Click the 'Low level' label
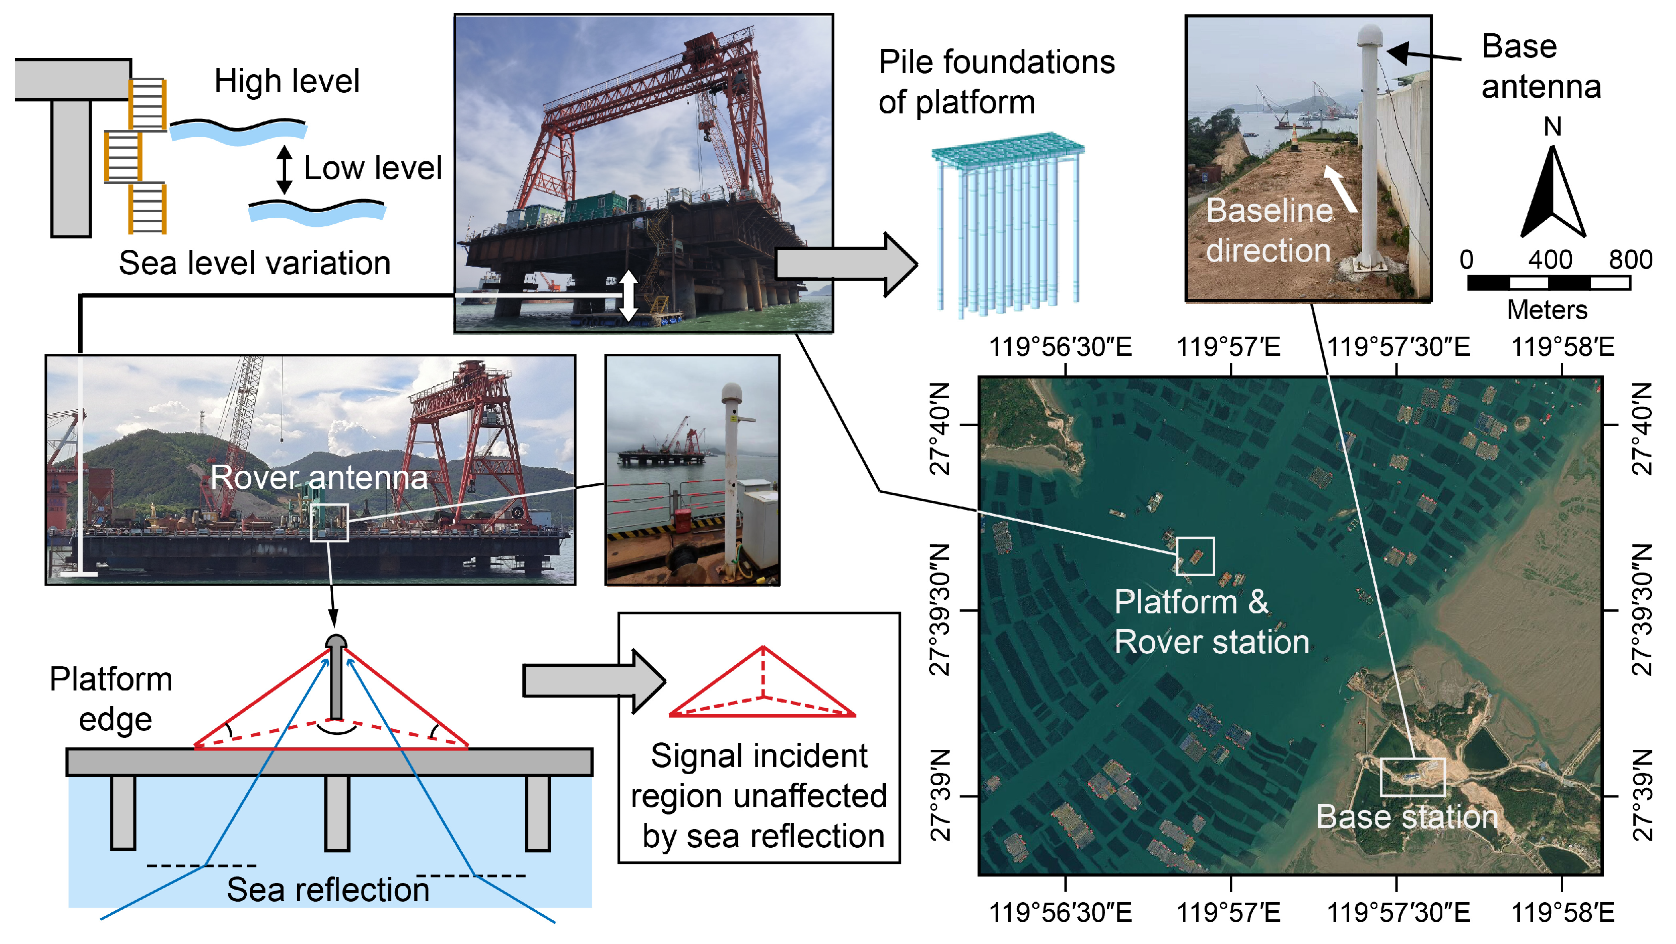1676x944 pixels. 373,168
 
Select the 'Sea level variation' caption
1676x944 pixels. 254,264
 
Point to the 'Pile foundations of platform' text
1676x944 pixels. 996,82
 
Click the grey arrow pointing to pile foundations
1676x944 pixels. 846,264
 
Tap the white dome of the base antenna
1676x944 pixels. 1369,35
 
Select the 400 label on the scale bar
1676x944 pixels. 1550,260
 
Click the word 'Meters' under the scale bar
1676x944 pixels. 1547,310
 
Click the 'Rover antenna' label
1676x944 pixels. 319,477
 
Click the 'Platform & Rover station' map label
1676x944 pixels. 1212,622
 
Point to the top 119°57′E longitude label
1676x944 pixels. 1228,347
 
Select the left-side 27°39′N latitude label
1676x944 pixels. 941,795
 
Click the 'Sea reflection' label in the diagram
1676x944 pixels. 328,890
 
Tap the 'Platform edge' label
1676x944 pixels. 112,699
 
